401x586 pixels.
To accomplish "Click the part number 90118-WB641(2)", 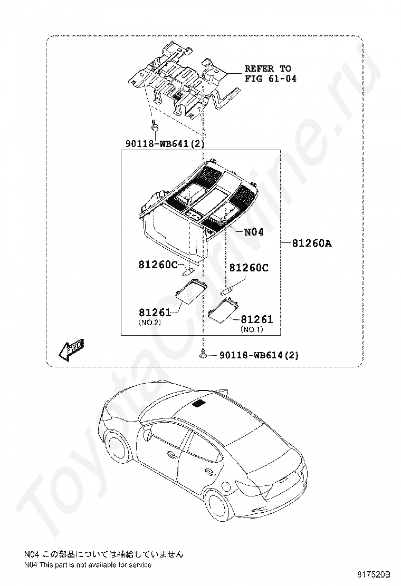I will (165, 143).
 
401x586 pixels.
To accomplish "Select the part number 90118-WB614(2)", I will (259, 356).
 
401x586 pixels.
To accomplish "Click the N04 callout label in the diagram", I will (253, 232).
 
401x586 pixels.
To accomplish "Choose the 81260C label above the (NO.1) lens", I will (249, 268).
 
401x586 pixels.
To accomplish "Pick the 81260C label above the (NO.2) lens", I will (158, 265).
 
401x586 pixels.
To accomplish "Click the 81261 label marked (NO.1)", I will (257, 319).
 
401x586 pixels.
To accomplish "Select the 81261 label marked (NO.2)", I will (155, 313).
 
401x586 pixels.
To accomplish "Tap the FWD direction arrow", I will (71, 349).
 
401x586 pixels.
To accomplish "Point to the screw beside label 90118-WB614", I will (203, 356).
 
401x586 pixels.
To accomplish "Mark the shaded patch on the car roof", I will (199, 404).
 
